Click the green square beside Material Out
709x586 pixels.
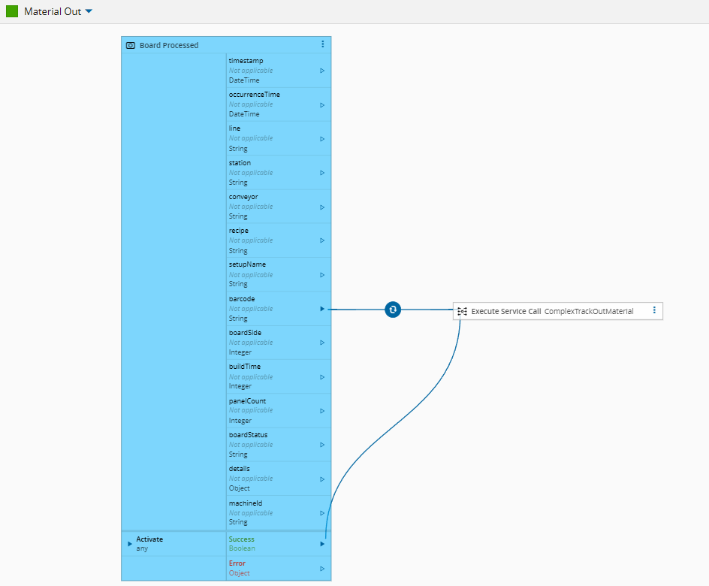click(12, 11)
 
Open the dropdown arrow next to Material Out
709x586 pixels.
click(89, 11)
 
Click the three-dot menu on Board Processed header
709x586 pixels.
click(322, 44)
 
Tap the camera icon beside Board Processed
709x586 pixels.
click(131, 45)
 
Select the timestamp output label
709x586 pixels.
click(246, 61)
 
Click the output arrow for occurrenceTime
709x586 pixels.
click(322, 105)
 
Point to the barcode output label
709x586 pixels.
click(242, 299)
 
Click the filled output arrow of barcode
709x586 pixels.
click(322, 309)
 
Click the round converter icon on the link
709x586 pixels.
click(393, 310)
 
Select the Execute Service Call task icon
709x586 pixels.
click(462, 311)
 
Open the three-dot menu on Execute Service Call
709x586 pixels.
click(654, 310)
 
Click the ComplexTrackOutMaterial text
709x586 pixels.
click(589, 311)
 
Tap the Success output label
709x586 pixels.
click(241, 539)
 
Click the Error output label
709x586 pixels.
click(237, 563)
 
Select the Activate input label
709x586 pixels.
click(149, 539)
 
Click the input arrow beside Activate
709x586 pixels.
click(130, 544)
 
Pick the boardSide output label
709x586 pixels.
click(245, 333)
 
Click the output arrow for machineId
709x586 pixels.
click(322, 513)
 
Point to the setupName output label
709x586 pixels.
click(247, 264)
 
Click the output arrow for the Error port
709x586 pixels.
click(322, 569)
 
